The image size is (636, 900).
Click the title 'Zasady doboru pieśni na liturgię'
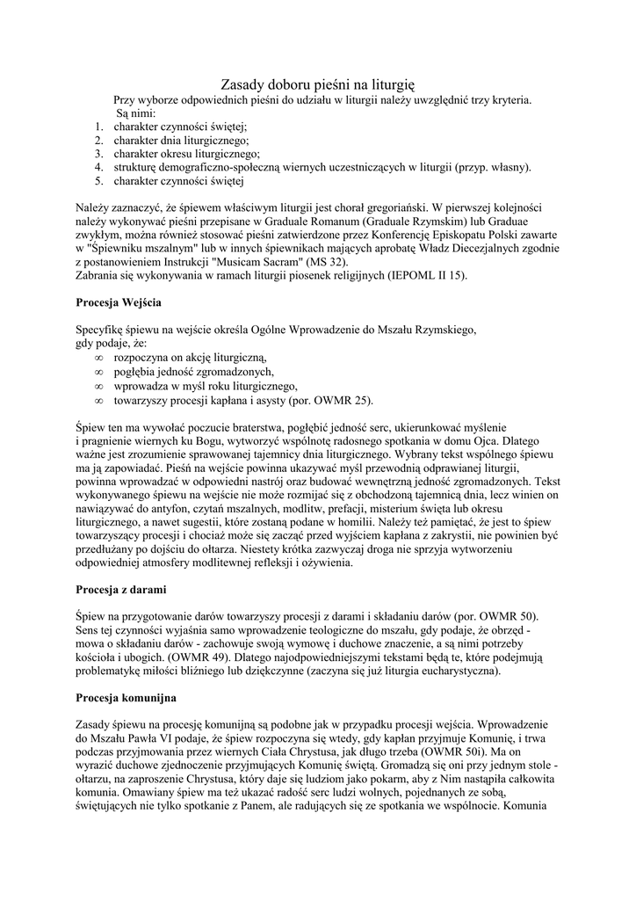point(317,84)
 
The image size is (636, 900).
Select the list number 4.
point(99,167)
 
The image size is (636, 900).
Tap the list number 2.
point(99,140)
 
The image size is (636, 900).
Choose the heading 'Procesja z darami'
point(121,589)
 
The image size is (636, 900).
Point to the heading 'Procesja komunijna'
point(126,698)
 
